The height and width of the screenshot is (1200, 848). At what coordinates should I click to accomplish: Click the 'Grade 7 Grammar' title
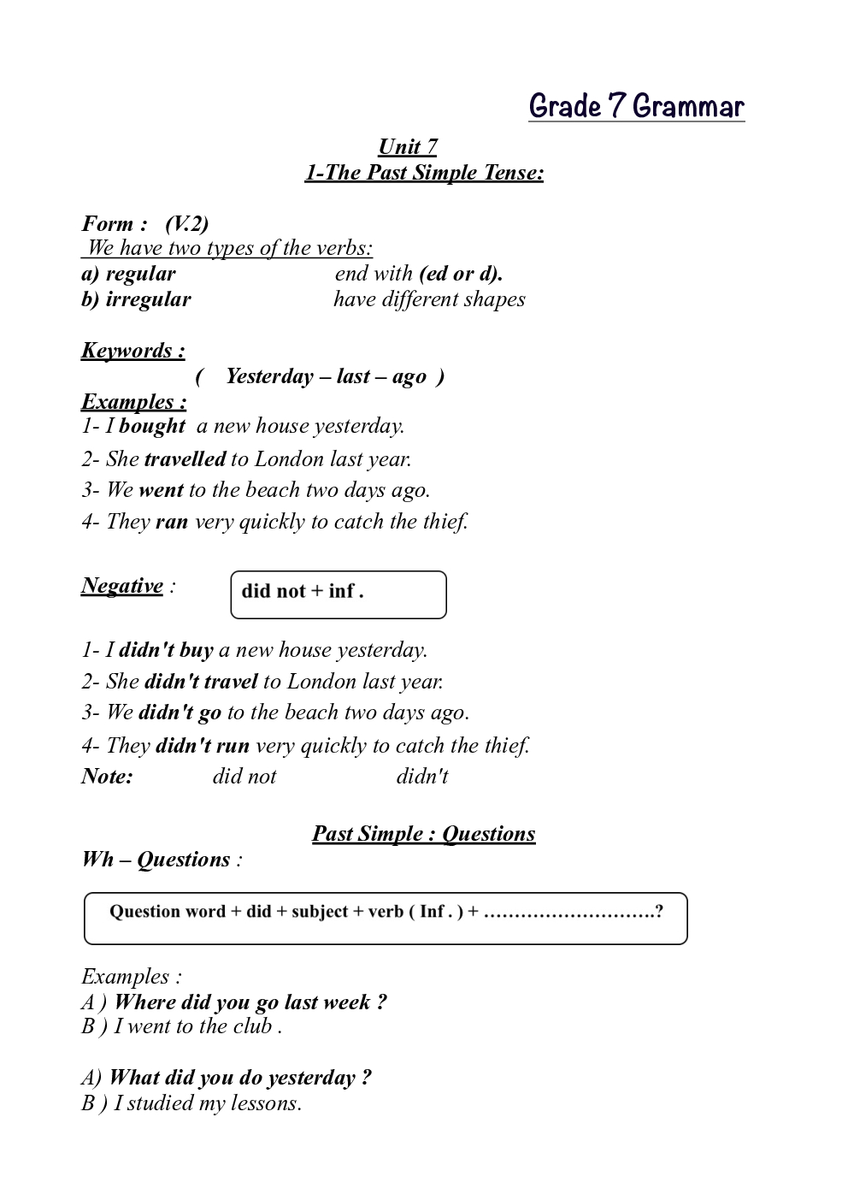636,106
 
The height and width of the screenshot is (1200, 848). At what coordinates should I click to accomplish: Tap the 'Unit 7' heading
408,147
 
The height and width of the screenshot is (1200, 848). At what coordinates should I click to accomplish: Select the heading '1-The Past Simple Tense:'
424,173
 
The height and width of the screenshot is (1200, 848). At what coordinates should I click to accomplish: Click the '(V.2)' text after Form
186,224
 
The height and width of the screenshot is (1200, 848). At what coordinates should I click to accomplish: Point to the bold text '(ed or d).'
461,274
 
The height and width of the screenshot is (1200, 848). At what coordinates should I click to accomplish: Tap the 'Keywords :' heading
132,351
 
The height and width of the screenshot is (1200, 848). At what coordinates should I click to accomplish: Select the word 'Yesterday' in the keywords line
269,376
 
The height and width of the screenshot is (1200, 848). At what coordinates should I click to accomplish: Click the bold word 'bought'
152,426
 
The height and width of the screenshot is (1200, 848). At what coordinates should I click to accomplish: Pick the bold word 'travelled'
185,459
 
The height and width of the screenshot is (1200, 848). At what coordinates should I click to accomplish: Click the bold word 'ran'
172,522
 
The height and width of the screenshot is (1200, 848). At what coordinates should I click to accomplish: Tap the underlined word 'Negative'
122,586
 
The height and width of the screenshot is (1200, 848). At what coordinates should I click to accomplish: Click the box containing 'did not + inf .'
339,594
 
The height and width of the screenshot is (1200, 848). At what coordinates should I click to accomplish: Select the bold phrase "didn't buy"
166,650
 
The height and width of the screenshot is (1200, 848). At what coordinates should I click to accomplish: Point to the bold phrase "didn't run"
203,746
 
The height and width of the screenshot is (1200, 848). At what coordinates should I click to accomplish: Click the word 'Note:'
107,777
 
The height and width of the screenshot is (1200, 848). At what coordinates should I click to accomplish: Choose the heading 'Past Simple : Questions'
424,834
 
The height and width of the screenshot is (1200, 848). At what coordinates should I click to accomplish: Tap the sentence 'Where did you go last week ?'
250,1002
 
